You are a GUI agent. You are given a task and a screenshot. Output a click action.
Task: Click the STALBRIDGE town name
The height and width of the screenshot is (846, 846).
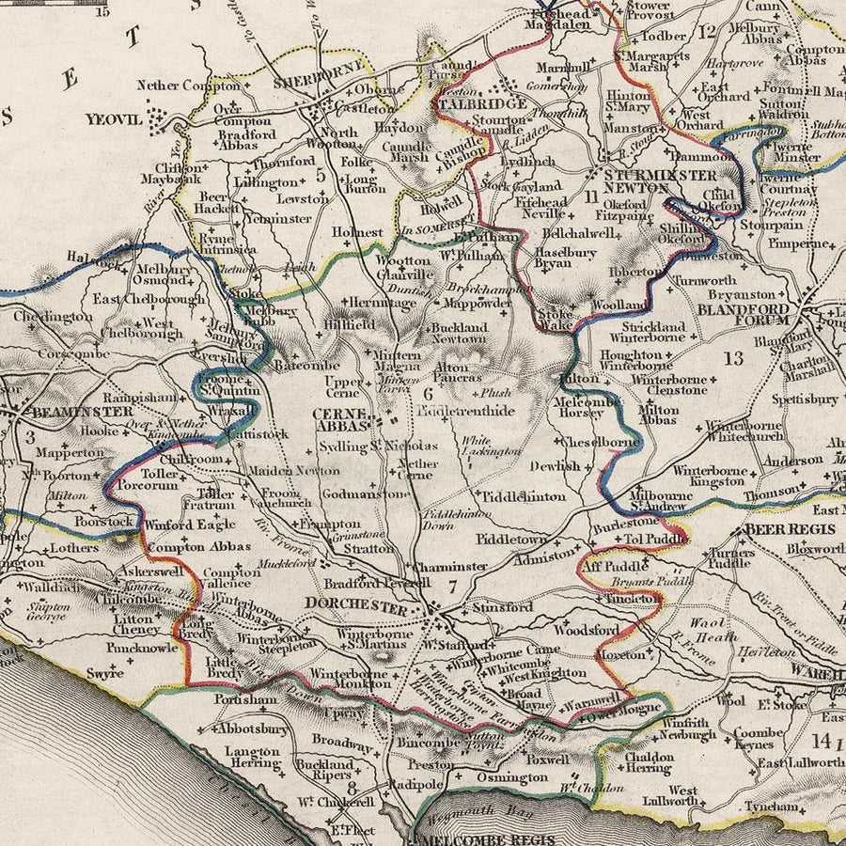(482, 104)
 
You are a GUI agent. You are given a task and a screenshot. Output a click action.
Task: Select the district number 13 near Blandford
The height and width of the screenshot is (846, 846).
(733, 357)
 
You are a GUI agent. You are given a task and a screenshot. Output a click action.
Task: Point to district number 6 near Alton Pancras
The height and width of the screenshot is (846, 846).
(428, 395)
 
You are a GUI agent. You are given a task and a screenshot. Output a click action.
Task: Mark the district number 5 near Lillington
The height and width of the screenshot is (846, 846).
(320, 174)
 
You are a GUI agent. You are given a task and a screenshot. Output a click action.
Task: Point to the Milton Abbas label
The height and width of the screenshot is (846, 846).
(658, 416)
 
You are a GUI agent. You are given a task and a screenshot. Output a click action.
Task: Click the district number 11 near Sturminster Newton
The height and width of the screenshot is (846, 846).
(590, 196)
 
